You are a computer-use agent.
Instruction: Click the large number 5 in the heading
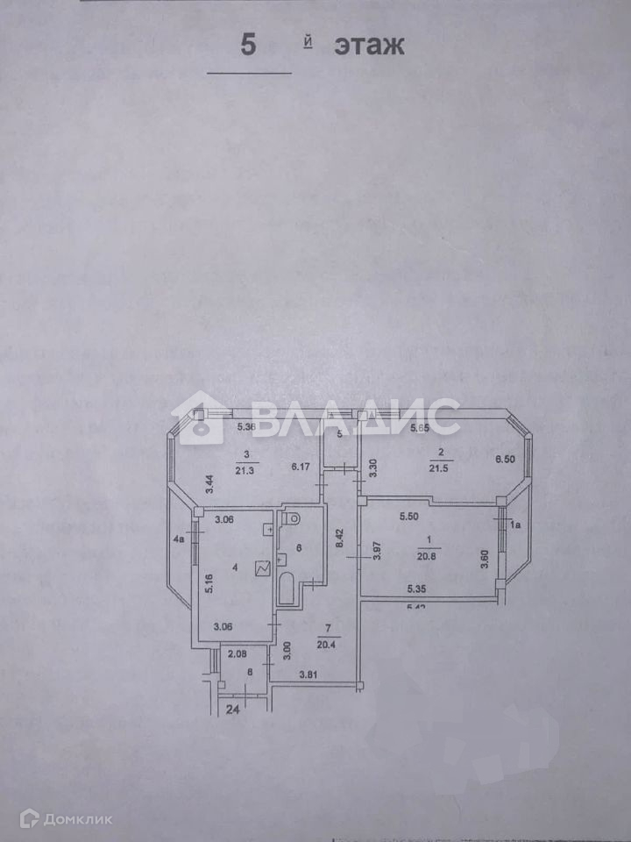249,45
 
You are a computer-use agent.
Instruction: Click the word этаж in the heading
369,46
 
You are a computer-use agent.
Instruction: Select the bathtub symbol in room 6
286,589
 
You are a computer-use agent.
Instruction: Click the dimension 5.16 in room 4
208,582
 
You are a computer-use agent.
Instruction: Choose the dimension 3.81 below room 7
309,674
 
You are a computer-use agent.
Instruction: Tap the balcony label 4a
179,539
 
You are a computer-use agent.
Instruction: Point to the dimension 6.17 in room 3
301,467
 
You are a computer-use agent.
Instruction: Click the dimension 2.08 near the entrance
237,653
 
